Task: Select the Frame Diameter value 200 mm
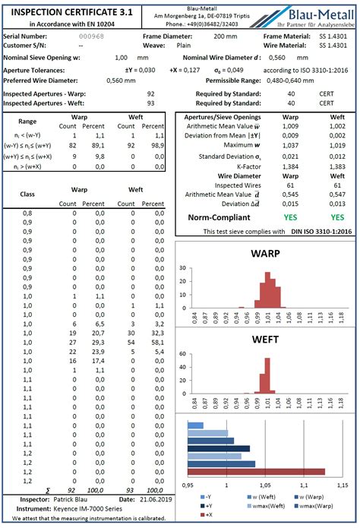pyautogui.click(x=226, y=36)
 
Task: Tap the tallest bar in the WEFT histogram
pyautogui.click(x=267, y=375)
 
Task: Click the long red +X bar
pyautogui.click(x=256, y=472)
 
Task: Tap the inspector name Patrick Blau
pyautogui.click(x=74, y=499)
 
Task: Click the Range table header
pyautogui.click(x=27, y=121)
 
